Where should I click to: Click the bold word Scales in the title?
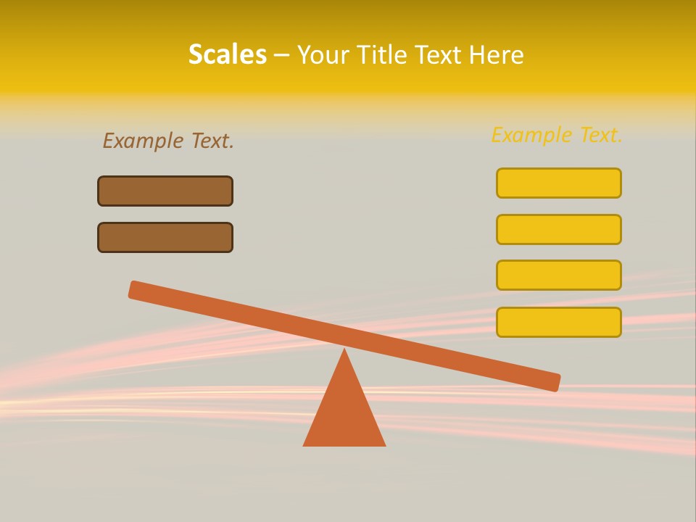click(227, 54)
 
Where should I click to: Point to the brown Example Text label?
click(168, 141)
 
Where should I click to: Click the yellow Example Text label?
click(557, 135)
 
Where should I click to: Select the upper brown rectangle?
click(165, 191)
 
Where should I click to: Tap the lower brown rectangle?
click(165, 237)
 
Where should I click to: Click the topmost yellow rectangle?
click(558, 183)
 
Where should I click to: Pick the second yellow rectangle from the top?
click(558, 229)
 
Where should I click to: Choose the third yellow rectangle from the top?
click(558, 275)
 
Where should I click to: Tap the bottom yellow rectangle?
click(558, 322)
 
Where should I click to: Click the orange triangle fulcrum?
click(344, 413)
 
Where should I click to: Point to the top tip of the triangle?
click(344, 350)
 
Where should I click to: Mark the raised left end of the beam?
click(135, 289)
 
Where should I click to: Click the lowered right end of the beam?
click(554, 382)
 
